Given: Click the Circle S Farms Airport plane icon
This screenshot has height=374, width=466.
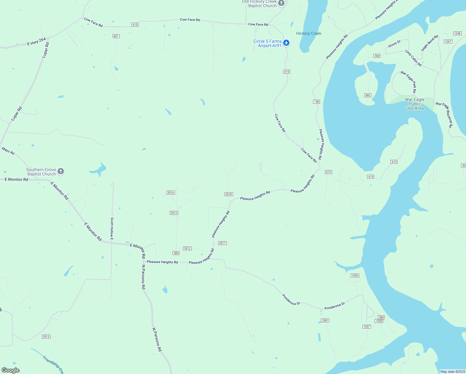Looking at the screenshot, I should tap(286, 43).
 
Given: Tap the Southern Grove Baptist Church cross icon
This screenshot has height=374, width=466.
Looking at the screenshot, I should tap(61, 171).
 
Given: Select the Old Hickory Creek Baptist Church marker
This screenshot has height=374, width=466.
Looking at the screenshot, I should tap(281, 3).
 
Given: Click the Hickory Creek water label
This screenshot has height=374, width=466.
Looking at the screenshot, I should tap(309, 33).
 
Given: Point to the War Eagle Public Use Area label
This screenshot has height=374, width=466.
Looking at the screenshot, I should tap(415, 104).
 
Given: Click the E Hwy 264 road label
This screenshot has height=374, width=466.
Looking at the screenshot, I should tap(36, 42).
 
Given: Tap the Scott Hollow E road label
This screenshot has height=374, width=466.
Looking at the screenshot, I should tap(112, 228).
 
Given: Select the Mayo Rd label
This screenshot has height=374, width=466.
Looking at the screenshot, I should tap(8, 151).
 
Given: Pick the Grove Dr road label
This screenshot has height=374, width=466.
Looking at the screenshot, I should tap(394, 44).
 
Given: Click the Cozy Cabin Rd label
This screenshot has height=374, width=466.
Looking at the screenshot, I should tap(413, 58).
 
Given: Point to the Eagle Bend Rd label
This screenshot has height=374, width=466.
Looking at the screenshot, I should tap(430, 43).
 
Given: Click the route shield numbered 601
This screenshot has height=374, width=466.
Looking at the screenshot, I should tap(116, 36).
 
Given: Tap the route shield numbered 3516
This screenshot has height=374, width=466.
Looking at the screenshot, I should tap(171, 193).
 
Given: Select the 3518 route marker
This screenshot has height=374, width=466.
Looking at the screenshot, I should tap(229, 194).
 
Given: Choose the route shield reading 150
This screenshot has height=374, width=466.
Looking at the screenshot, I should tap(316, 102).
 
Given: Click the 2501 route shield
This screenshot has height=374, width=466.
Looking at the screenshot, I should tap(325, 320).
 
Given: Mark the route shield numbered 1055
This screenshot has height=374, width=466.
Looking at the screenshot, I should tap(355, 276).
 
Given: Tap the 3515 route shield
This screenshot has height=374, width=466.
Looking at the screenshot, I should tap(46, 337).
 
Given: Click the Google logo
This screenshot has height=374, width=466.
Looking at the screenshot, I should tap(11, 370).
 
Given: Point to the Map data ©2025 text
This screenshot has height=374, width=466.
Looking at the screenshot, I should tap(452, 372).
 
